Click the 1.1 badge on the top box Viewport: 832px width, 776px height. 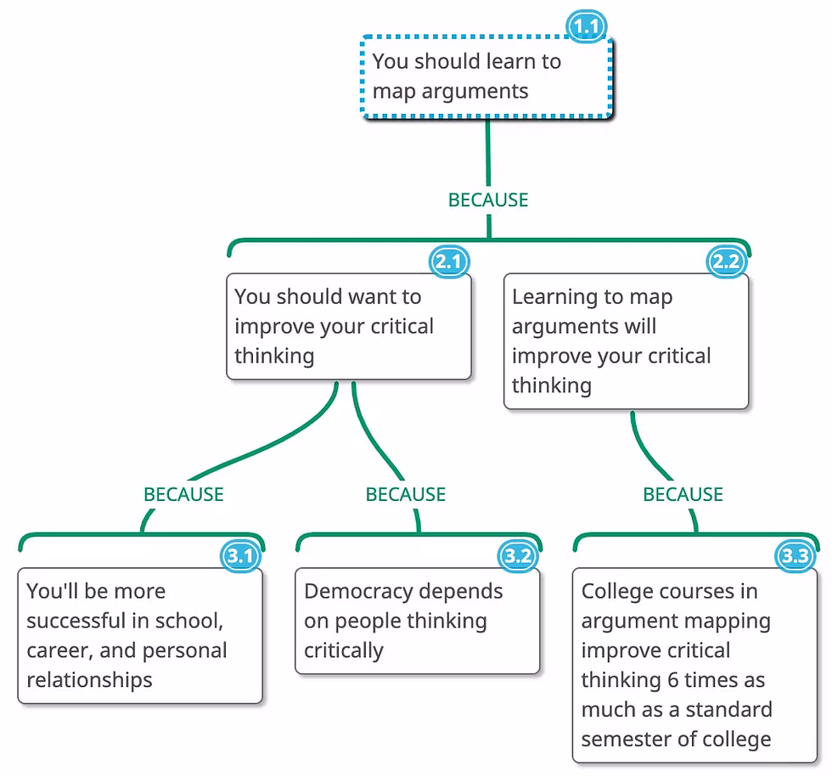[x=587, y=27]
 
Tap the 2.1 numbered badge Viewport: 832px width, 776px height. [x=447, y=262]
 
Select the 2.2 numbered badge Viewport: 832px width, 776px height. [x=726, y=262]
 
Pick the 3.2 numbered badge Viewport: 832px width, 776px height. [x=518, y=557]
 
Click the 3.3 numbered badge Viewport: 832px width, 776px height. [x=795, y=557]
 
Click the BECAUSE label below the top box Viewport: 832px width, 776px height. [x=488, y=200]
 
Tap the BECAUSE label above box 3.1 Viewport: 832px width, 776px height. [x=183, y=495]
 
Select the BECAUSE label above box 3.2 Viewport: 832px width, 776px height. [x=406, y=495]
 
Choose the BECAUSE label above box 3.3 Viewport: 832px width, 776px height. [x=683, y=495]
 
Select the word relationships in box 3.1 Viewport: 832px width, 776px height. [x=89, y=680]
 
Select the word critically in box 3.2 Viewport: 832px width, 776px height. [x=344, y=651]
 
